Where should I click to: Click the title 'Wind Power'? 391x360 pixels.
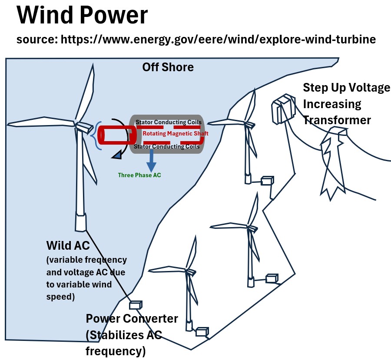click(83, 16)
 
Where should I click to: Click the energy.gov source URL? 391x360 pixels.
click(195, 40)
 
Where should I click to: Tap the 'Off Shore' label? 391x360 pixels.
click(168, 68)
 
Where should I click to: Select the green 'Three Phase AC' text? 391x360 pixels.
click(139, 175)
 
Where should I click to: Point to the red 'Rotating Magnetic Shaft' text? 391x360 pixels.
click(176, 134)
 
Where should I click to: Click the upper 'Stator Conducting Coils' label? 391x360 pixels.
click(169, 122)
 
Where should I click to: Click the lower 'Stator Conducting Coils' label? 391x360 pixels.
click(167, 147)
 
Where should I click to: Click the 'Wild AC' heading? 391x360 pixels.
click(68, 246)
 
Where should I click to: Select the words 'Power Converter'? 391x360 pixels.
click(132, 319)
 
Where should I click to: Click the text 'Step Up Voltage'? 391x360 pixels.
click(346, 88)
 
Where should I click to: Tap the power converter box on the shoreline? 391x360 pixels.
click(136, 305)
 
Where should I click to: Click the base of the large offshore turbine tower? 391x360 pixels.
click(80, 222)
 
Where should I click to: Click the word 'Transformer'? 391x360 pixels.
click(337, 120)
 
